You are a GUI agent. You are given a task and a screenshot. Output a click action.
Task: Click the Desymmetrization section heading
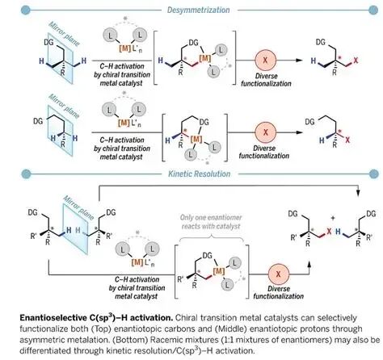point(199,10)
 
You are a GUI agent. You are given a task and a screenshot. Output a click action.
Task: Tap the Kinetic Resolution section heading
point(200,174)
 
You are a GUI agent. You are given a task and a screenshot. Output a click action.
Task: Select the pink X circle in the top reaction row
point(266,60)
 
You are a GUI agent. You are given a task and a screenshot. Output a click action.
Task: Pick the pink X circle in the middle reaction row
point(266,132)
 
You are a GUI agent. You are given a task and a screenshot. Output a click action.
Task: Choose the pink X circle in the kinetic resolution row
point(279,274)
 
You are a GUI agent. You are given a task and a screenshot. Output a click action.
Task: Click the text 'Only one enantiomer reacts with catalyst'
point(211,222)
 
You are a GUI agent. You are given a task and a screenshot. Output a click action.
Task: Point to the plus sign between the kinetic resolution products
point(333,218)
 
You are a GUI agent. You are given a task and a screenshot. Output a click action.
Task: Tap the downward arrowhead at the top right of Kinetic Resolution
point(358,193)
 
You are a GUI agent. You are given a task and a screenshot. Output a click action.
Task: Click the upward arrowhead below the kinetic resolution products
point(309,264)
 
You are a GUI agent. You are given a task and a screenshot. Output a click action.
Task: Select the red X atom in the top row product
point(356,61)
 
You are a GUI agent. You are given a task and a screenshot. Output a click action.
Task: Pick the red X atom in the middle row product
point(347,140)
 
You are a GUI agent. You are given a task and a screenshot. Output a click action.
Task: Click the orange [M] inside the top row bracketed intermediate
point(205,57)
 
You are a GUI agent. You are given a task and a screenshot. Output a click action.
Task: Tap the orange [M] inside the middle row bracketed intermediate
point(196,139)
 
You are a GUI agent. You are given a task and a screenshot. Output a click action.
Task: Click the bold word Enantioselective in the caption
point(53,318)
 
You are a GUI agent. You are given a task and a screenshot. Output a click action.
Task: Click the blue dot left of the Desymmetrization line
point(26,10)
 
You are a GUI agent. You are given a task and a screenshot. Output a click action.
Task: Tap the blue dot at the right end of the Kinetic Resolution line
point(373,174)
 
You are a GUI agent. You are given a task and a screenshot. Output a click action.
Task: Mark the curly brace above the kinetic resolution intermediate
point(212,237)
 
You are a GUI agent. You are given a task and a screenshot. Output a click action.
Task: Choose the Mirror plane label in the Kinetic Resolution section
point(78,207)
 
